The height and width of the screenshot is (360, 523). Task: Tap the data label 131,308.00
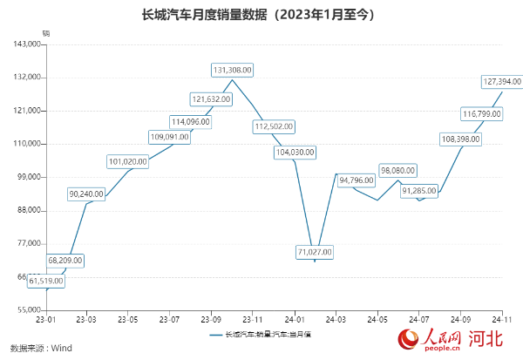[233, 70]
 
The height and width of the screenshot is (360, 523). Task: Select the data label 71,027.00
[315, 252]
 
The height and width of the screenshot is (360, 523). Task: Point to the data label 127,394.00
[501, 81]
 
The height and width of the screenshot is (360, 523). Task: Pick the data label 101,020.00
[128, 161]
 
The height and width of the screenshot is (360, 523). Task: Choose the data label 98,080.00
[397, 171]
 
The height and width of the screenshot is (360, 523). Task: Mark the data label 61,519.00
[47, 281]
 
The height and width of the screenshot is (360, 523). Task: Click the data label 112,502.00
[274, 126]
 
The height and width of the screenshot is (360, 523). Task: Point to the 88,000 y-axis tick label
[29, 210]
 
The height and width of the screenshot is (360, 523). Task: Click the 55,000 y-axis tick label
[29, 310]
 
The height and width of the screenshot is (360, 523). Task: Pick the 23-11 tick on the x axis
[253, 320]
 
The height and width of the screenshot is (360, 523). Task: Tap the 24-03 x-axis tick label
[336, 320]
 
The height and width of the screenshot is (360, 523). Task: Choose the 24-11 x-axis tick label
[502, 320]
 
